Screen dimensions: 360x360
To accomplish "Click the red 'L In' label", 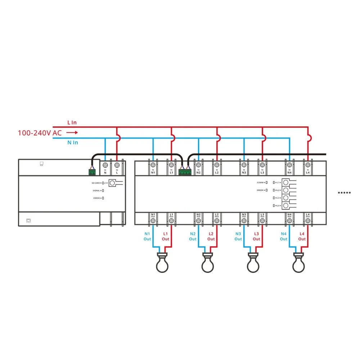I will (72, 123).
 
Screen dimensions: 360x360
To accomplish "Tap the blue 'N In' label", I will (72, 143).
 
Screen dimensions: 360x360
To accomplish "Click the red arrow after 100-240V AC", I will (72, 132).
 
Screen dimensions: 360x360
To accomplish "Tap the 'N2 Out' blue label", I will (193, 236).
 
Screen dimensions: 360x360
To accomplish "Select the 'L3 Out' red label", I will (256, 236).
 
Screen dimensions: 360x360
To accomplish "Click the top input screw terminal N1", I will (153, 165).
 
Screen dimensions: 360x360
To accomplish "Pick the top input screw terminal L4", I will (307, 165).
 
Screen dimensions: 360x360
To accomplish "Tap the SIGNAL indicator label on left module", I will (96, 190).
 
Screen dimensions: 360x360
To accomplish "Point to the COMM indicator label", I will (261, 183).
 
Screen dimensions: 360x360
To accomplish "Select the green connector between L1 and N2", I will (184, 172).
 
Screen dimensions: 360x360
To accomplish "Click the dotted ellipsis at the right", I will (344, 193).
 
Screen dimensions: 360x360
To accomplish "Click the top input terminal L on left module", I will (117, 165).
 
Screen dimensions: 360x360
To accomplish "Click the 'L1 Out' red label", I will (166, 236).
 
